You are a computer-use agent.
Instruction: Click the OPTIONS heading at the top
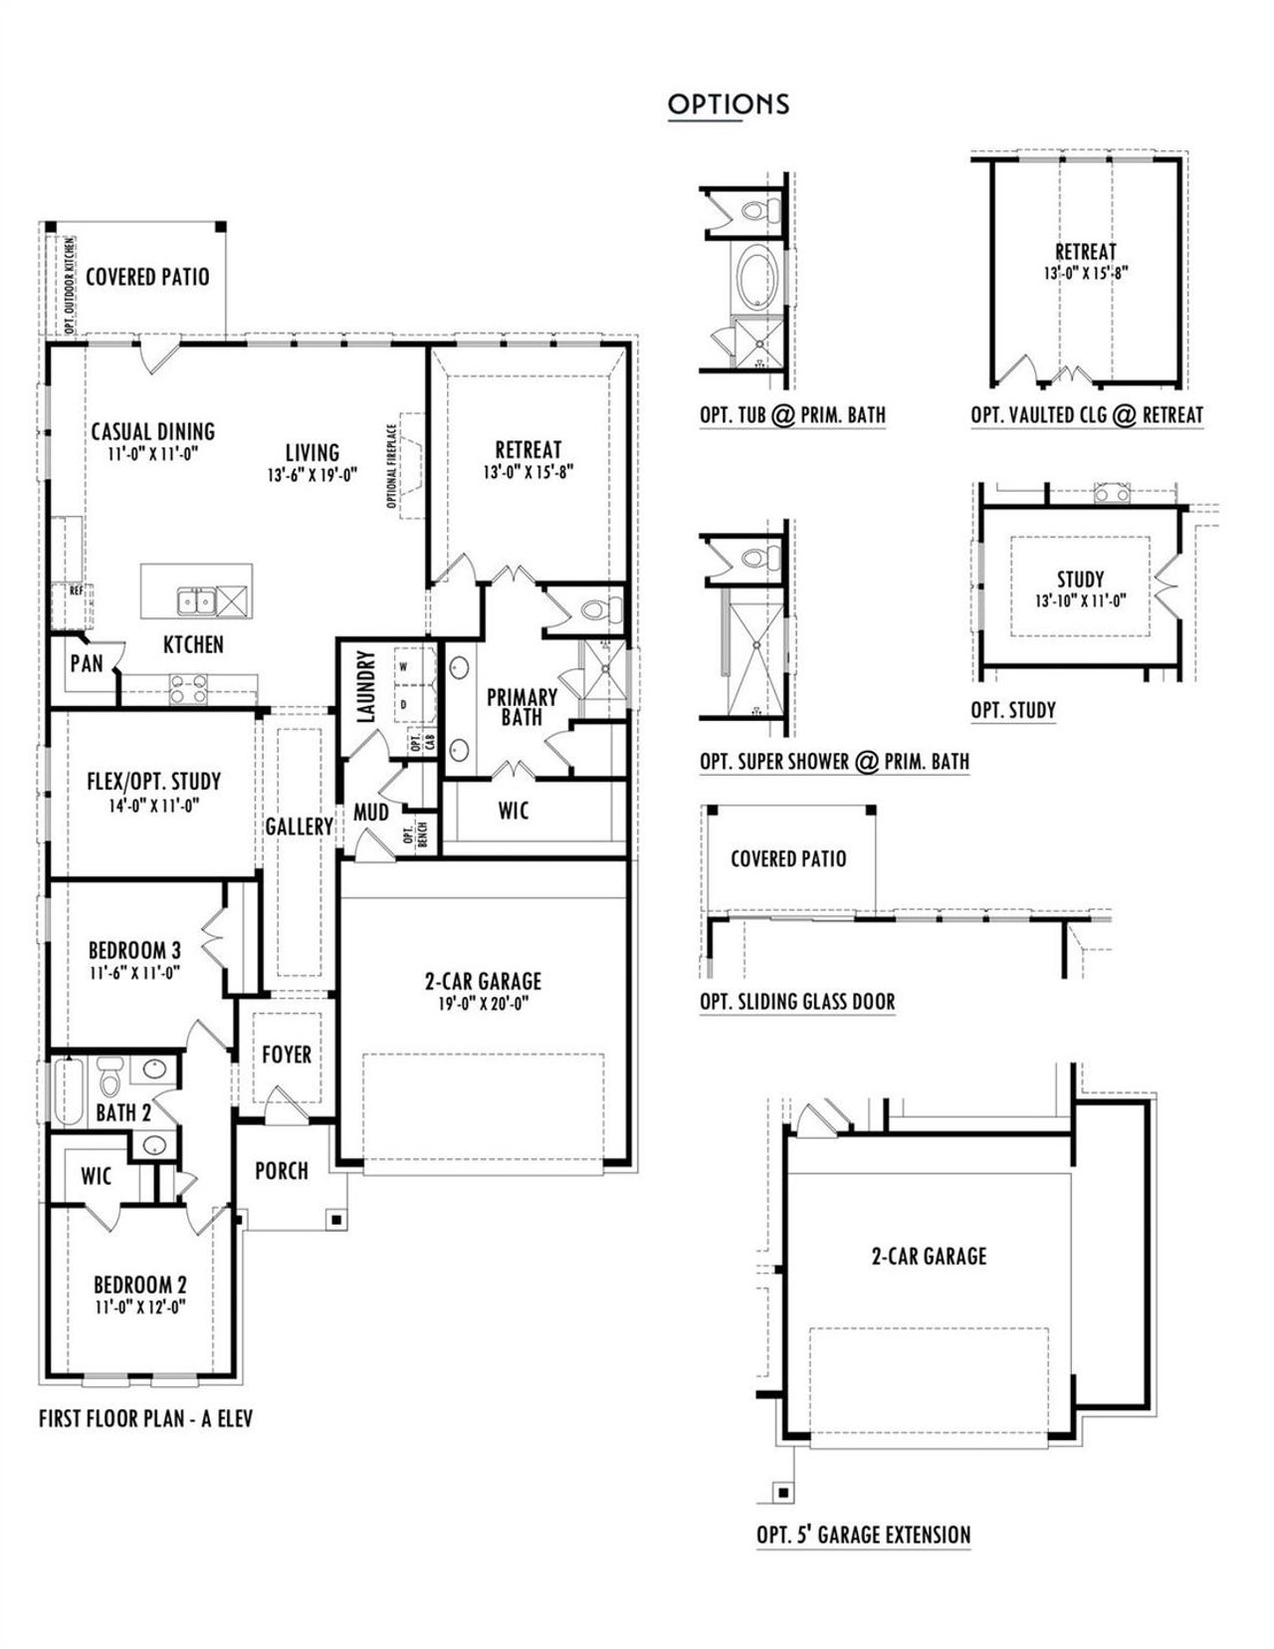729,104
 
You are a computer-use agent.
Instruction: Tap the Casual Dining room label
152,431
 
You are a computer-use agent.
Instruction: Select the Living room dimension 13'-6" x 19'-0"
312,475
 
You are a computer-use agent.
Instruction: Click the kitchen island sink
196,601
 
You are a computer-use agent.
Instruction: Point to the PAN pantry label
87,663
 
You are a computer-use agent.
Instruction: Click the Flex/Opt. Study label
153,781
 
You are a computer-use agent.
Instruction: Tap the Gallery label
299,825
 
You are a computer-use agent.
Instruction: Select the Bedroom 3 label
134,950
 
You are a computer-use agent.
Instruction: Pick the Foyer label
287,1054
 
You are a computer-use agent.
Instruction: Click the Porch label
282,1170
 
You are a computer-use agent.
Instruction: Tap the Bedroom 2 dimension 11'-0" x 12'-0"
140,1306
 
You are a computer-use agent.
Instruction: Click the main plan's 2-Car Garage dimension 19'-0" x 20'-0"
483,1003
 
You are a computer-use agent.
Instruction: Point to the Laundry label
364,686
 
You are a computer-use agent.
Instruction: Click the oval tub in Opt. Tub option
760,276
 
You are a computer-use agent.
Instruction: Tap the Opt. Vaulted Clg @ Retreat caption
1087,415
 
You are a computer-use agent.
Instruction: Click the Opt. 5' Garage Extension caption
863,1534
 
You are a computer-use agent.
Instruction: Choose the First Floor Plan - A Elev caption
145,1417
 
